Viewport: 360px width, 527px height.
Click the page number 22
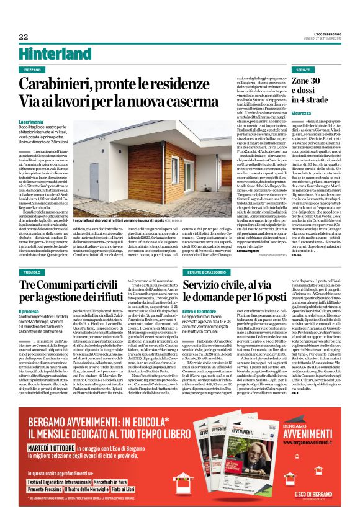pos(24,37)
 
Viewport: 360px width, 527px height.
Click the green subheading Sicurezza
pos(302,114)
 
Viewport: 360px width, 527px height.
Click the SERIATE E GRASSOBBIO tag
pos(200,273)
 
